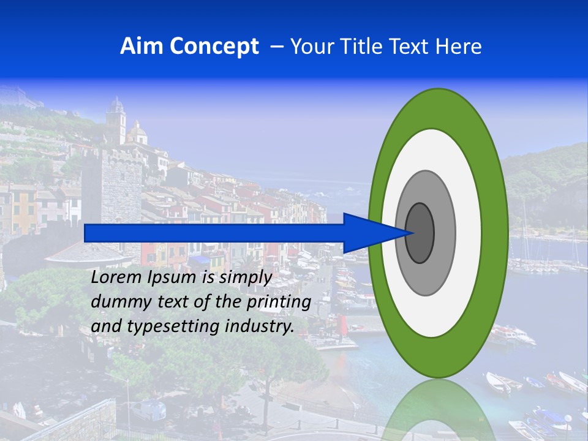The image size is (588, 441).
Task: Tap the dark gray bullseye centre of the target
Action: [420, 233]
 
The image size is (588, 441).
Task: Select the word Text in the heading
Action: [412, 47]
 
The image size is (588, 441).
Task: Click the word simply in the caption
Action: [245, 278]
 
